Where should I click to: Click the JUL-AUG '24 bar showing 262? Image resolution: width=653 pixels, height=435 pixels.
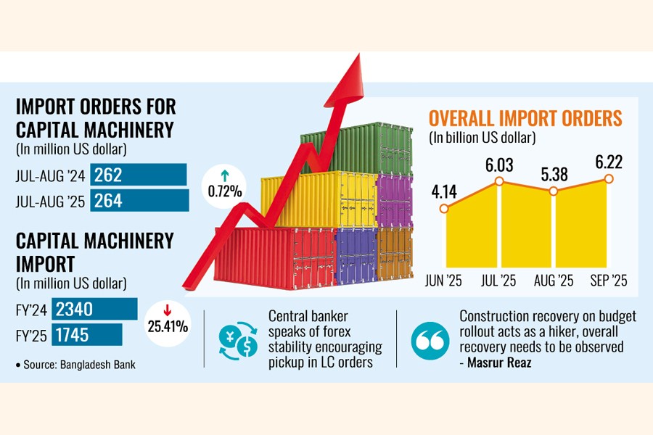(138, 175)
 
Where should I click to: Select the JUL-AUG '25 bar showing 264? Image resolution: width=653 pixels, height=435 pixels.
(139, 200)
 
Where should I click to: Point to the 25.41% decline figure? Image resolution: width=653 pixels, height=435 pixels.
(168, 326)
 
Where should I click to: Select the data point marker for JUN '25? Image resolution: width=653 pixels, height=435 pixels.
(444, 209)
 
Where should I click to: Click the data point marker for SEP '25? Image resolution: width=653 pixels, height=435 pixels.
(608, 178)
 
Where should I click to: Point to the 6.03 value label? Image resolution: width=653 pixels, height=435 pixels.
(499, 165)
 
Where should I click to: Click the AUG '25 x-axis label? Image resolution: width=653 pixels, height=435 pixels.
(554, 281)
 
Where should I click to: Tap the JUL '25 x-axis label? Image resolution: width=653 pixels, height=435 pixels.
(499, 281)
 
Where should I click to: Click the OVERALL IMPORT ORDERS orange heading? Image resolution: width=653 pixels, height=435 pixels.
(525, 118)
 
